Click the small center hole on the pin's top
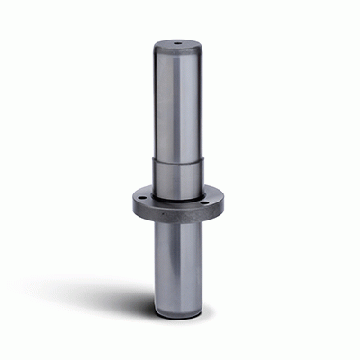pyautogui.click(x=177, y=42)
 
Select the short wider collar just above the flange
pyautogui.click(x=177, y=178)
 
